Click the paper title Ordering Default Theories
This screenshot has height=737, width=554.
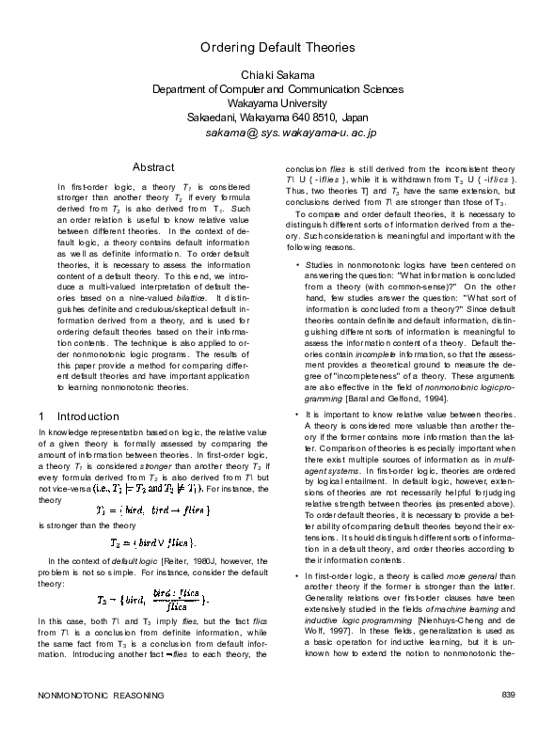tap(277, 46)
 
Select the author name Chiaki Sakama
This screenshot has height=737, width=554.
tap(277, 74)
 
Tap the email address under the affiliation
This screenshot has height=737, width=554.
tap(291, 134)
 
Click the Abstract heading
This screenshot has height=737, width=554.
tap(152, 166)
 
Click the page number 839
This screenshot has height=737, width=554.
tap(509, 721)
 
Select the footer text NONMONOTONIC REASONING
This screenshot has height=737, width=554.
tap(100, 721)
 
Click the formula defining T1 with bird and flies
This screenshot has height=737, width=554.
tap(152, 511)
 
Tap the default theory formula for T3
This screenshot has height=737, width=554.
tap(152, 599)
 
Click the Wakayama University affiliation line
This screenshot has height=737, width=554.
tap(277, 103)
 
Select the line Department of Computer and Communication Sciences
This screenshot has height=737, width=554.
tap(277, 89)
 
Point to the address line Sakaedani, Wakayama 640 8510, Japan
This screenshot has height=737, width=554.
tap(277, 118)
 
